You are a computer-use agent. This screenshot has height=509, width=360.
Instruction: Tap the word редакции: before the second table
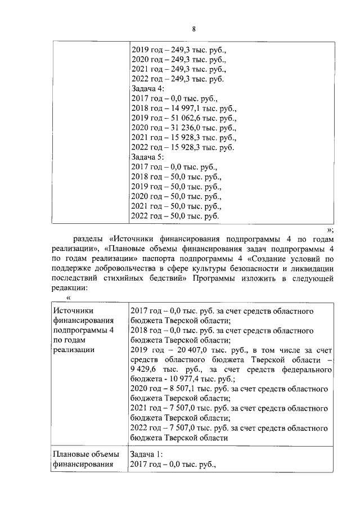pos(69,288)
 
